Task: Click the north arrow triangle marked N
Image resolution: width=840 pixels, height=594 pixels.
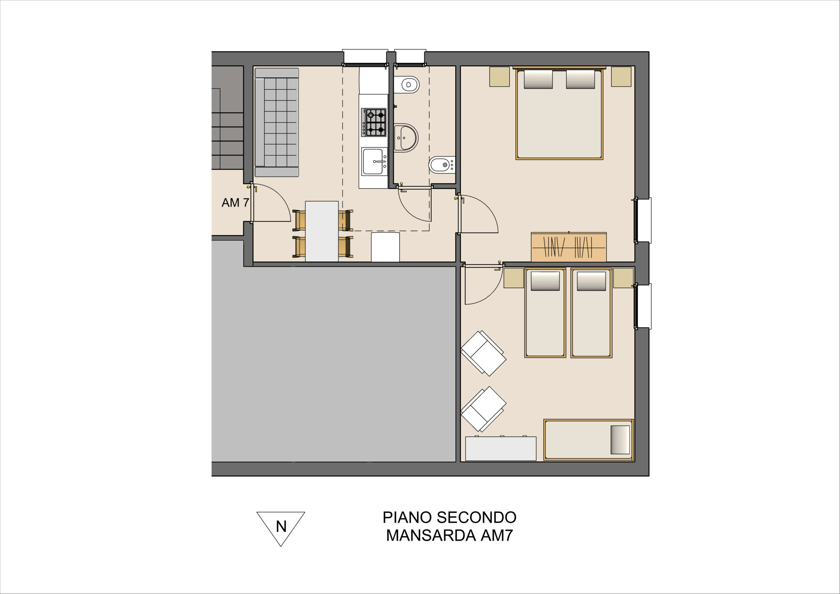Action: (x=281, y=527)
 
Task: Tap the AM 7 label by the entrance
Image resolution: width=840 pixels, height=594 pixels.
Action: (x=235, y=202)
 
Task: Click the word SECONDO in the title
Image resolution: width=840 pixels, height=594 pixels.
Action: (x=477, y=518)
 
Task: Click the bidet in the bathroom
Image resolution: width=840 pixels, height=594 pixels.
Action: (x=442, y=165)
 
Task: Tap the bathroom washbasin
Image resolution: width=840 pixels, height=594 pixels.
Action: (x=406, y=138)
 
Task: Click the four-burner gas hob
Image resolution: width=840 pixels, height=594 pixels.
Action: (x=373, y=122)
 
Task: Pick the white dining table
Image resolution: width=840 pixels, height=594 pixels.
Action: (x=322, y=231)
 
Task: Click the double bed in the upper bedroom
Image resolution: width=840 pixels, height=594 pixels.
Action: (x=559, y=113)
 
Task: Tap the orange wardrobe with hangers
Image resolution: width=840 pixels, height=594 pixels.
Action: (x=569, y=247)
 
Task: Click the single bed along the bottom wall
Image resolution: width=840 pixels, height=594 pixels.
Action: (x=588, y=439)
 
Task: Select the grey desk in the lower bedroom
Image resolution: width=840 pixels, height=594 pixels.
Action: (x=500, y=448)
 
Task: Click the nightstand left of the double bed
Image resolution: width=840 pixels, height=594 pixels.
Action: (x=499, y=76)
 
